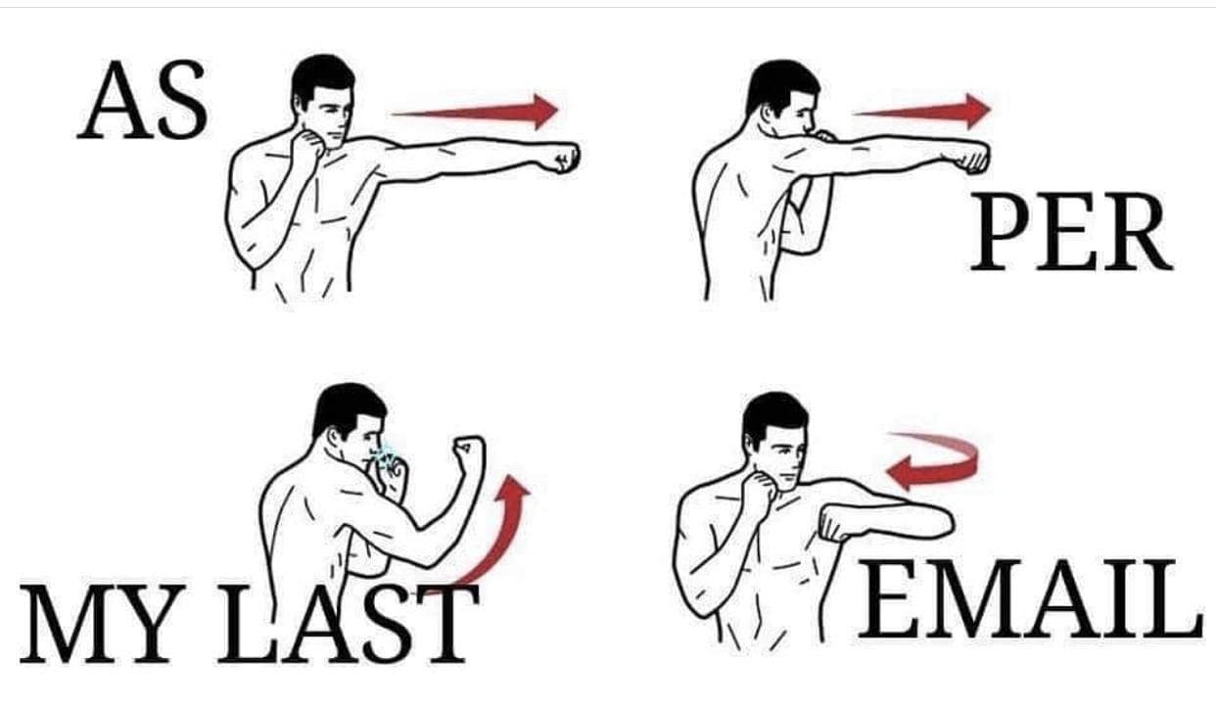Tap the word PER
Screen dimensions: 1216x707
(1072, 231)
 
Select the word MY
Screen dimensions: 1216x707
(101, 624)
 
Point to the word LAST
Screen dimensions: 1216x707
(349, 624)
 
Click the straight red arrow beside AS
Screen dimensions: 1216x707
(475, 112)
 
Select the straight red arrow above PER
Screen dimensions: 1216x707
(921, 111)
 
